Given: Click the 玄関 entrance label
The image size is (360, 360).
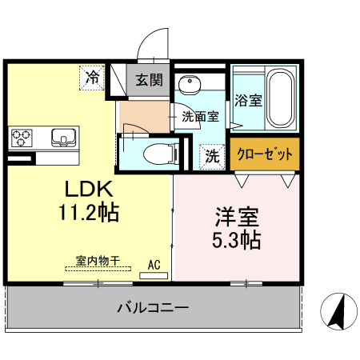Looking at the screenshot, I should tap(149, 80).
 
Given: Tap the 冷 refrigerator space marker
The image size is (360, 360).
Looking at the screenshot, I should tap(93, 78).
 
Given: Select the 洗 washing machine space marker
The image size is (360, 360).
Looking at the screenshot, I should tap(213, 155).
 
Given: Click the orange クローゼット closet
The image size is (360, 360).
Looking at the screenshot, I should tap(266, 154).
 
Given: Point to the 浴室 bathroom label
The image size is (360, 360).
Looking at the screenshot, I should tap(248, 101).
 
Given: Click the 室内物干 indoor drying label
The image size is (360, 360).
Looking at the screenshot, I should tap(98, 260).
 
